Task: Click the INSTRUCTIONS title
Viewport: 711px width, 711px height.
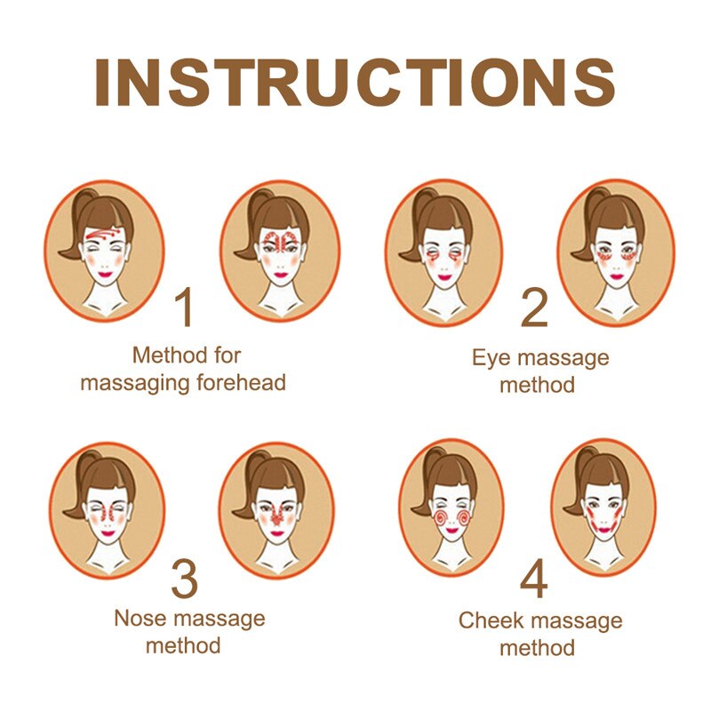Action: tap(355, 82)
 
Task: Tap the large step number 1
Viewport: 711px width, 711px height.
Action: tap(185, 307)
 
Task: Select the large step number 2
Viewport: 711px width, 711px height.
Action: tap(535, 308)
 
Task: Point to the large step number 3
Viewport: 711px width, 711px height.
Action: tap(185, 579)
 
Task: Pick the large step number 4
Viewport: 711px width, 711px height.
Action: tap(534, 579)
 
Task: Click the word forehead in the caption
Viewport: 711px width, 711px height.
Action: tap(241, 382)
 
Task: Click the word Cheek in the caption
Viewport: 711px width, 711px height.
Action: tap(491, 620)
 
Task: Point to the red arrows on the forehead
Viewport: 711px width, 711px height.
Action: tap(102, 234)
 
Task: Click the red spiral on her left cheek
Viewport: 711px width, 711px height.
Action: tap(464, 517)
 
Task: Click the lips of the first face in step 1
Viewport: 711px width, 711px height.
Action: tap(105, 274)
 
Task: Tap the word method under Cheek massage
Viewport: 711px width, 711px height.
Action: tap(538, 648)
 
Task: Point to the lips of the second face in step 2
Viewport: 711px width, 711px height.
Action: tap(616, 276)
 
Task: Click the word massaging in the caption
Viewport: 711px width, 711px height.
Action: tap(137, 383)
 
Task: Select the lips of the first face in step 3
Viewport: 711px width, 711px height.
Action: tap(108, 532)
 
